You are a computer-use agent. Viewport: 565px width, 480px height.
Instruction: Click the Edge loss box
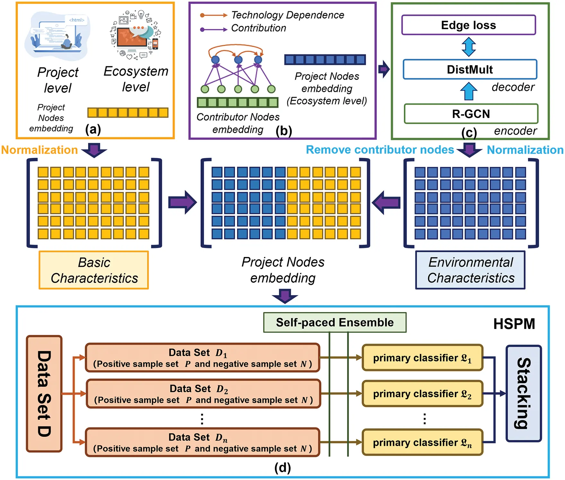point(468,25)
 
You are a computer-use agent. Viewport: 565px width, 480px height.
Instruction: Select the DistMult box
point(470,69)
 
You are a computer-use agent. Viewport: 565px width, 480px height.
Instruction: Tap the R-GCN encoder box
point(471,114)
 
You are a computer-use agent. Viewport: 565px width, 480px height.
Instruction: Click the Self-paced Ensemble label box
point(335,322)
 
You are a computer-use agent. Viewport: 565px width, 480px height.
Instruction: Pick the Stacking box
point(523,393)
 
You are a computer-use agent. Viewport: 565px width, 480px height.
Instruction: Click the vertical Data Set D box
point(44,393)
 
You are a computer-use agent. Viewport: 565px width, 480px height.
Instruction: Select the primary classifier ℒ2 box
point(422,394)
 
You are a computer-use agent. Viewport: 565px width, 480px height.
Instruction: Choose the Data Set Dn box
point(202,442)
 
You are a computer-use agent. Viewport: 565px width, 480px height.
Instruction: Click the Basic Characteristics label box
point(94,270)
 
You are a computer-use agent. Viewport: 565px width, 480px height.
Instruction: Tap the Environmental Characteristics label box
point(470,270)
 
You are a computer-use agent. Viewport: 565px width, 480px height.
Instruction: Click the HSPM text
point(514,324)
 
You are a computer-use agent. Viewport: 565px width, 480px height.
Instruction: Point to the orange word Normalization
point(39,150)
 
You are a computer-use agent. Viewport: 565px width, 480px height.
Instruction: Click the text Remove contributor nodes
point(380,150)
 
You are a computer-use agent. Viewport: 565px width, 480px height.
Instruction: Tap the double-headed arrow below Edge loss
point(469,47)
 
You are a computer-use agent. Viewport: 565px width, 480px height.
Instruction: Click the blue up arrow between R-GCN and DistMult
point(469,91)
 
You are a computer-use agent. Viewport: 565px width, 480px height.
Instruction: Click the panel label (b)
point(284,131)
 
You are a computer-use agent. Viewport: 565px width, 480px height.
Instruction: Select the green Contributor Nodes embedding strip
point(238,102)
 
